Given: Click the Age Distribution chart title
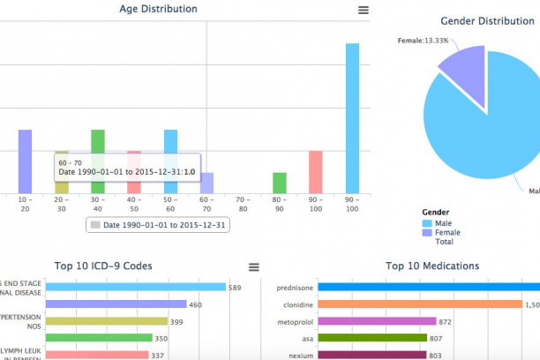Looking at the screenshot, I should tap(158, 9).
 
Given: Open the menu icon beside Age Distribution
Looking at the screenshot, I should tap(364, 10).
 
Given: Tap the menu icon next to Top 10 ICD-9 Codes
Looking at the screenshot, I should tap(254, 266).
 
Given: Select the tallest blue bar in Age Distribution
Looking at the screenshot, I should tap(352, 118).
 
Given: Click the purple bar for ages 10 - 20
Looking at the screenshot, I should tap(25, 161).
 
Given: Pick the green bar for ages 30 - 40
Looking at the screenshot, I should tap(98, 161).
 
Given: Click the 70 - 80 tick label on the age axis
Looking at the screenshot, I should tap(243, 205).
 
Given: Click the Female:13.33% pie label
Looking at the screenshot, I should tap(423, 41).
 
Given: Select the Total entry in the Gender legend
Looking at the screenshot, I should tap(444, 242).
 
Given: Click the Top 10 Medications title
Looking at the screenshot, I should tap(432, 266).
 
